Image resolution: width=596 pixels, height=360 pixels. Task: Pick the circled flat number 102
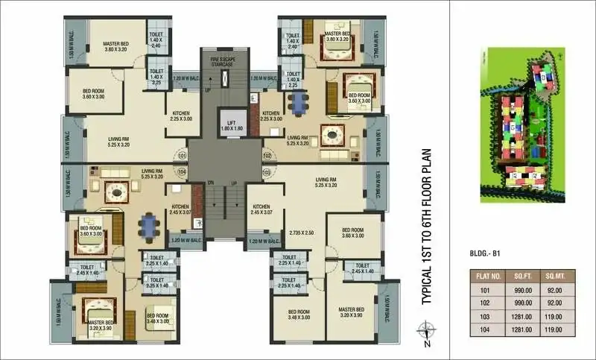(267, 157)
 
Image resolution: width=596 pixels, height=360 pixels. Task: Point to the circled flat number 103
(267, 172)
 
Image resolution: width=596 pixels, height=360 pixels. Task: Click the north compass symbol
(426, 329)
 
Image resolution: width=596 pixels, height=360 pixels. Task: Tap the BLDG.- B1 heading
(487, 253)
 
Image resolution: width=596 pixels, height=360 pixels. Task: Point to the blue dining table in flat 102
(298, 105)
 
